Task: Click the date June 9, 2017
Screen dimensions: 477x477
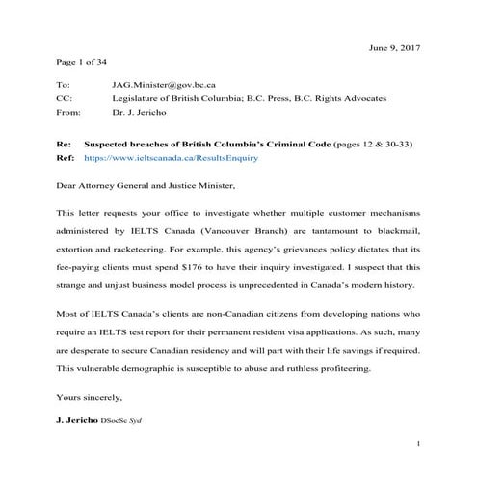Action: coord(395,46)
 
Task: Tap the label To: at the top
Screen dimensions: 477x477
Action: coord(64,86)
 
